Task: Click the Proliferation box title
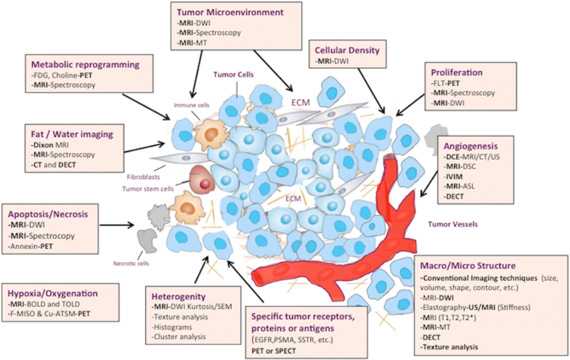pyautogui.click(x=457, y=73)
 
